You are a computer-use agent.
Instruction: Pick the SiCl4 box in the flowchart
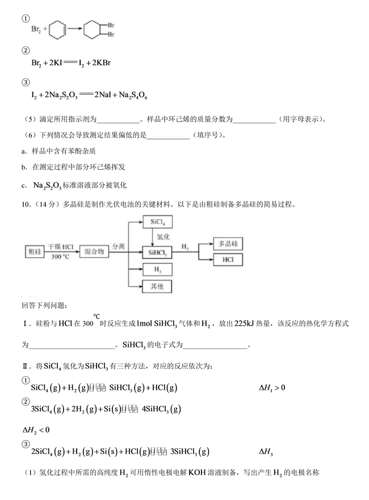[x=154, y=222]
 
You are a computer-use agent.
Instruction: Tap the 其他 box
[x=154, y=287]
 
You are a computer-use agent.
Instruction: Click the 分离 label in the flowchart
[x=118, y=246]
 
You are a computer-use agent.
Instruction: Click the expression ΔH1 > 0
[x=272, y=388]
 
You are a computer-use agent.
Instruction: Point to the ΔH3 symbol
[x=266, y=452]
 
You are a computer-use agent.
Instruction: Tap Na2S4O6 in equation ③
[x=132, y=95]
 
